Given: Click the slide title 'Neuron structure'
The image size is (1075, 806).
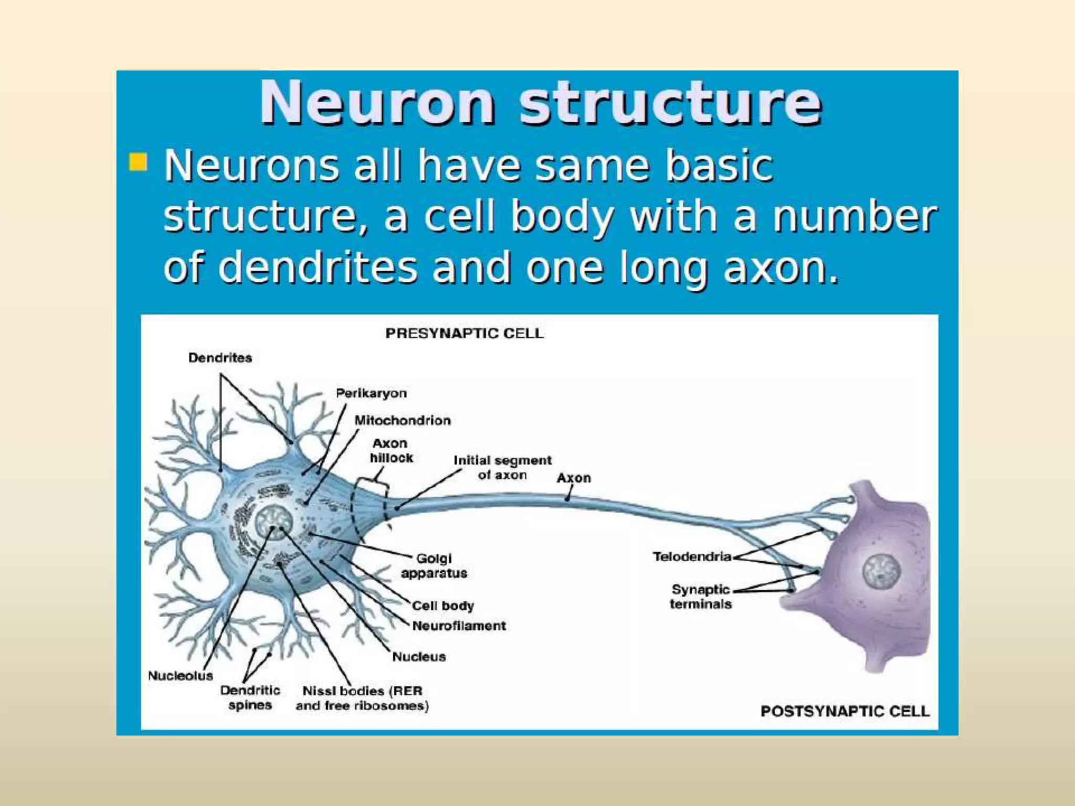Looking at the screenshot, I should click(541, 102).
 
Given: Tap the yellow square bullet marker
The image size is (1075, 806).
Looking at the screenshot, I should click(138, 162).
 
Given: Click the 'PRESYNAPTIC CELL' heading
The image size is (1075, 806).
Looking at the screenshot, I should click(465, 334).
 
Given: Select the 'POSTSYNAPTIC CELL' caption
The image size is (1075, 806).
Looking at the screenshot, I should click(845, 711).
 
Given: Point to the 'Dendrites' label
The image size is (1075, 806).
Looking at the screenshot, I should click(220, 358).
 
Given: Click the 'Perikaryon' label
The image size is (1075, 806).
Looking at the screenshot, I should click(371, 393).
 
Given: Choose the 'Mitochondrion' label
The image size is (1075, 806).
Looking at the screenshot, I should click(403, 420).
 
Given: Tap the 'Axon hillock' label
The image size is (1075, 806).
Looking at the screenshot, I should click(391, 451).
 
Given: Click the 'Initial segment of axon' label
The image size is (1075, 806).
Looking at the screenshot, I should click(502, 468).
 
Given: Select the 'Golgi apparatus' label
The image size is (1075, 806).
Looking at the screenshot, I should click(434, 566).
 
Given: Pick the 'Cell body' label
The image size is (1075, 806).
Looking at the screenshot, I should click(443, 606).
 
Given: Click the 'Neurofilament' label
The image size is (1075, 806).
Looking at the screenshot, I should click(459, 625).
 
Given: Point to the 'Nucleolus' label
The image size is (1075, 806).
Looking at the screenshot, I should click(180, 675).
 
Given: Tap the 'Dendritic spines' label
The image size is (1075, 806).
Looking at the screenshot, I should click(250, 697).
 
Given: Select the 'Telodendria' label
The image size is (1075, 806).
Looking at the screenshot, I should click(692, 556).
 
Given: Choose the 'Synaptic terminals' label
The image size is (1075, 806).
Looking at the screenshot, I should click(701, 597).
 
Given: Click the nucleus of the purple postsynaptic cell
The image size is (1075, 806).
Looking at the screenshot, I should click(881, 571).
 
